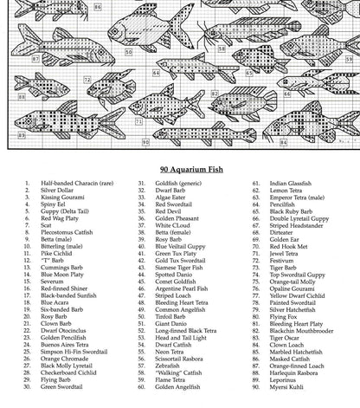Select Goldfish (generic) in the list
coord(179,184)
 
